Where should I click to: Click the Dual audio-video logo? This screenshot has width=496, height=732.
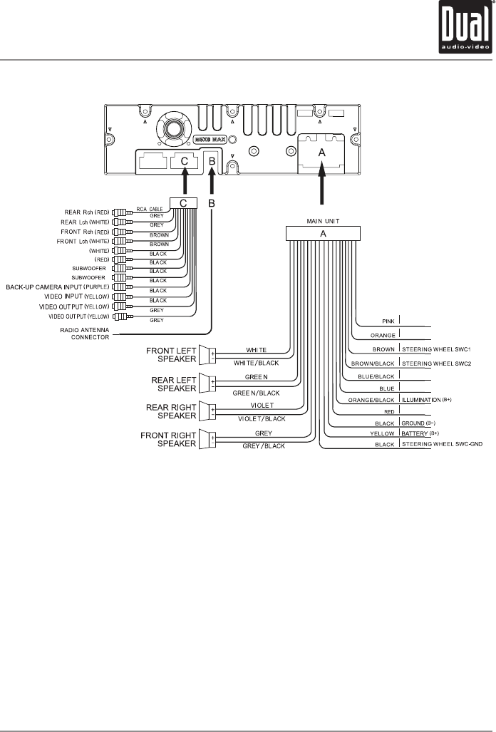(465, 26)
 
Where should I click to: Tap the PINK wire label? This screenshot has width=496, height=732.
(388, 321)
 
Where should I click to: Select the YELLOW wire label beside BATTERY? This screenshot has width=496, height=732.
(382, 433)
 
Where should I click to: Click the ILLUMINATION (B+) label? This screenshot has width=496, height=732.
(426, 400)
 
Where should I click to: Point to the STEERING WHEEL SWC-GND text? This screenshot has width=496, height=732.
(442, 445)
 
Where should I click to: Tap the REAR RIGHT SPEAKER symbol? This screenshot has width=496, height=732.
(207, 411)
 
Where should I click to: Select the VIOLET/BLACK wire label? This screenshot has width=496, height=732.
(262, 419)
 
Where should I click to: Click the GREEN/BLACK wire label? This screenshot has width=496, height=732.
(256, 393)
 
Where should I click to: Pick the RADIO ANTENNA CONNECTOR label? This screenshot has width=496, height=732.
(85, 334)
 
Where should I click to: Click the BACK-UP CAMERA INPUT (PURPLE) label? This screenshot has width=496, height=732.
(58, 287)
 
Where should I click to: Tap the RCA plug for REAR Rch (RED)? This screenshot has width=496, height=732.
(123, 212)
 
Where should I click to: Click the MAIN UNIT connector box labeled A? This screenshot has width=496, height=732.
(323, 233)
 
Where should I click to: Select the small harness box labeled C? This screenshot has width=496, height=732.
(183, 203)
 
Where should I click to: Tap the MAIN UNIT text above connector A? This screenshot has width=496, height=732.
(323, 221)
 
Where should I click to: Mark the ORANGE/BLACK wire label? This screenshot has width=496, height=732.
(371, 400)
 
